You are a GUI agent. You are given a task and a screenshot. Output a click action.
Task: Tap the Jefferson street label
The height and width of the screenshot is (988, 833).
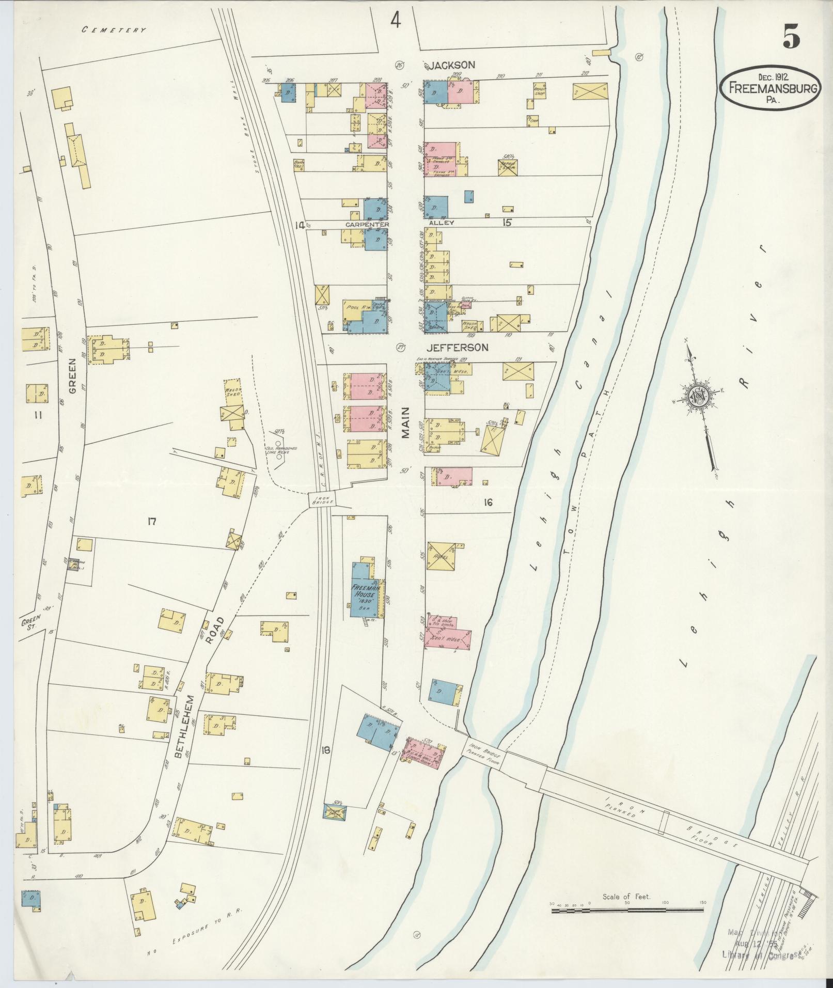tap(457, 348)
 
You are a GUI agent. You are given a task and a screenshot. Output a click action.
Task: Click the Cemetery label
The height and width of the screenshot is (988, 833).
tap(114, 30)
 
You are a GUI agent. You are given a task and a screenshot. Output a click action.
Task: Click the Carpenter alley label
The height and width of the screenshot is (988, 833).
tap(367, 224)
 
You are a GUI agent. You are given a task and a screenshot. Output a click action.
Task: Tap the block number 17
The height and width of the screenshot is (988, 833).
tap(151, 522)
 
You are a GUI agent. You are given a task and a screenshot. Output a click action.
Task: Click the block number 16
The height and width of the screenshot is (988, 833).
tap(488, 502)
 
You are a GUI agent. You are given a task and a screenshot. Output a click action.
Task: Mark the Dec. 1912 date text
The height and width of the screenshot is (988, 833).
tap(769, 76)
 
